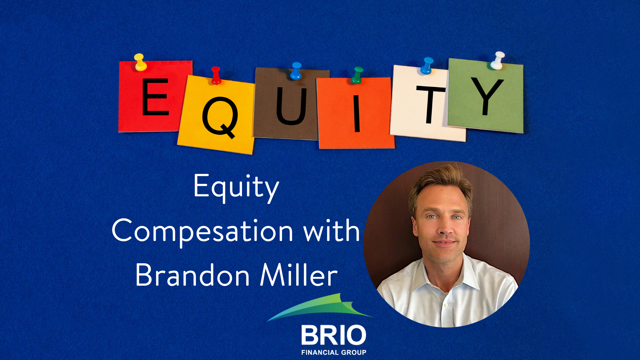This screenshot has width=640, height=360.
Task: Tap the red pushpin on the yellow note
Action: click(x=216, y=75)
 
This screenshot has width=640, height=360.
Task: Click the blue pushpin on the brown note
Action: click(x=296, y=71)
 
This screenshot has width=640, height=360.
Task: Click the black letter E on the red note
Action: click(x=155, y=97)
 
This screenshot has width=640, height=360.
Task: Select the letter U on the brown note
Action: click(x=291, y=106)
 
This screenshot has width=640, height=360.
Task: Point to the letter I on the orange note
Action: click(x=357, y=113)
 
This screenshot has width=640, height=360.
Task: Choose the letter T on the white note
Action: click(x=431, y=104)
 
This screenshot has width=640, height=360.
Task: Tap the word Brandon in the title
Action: click(x=193, y=275)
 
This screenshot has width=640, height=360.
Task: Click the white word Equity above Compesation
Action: click(x=236, y=188)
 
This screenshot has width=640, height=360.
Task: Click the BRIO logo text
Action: click(x=334, y=335)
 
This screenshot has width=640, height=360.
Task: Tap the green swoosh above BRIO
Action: click(x=320, y=307)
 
